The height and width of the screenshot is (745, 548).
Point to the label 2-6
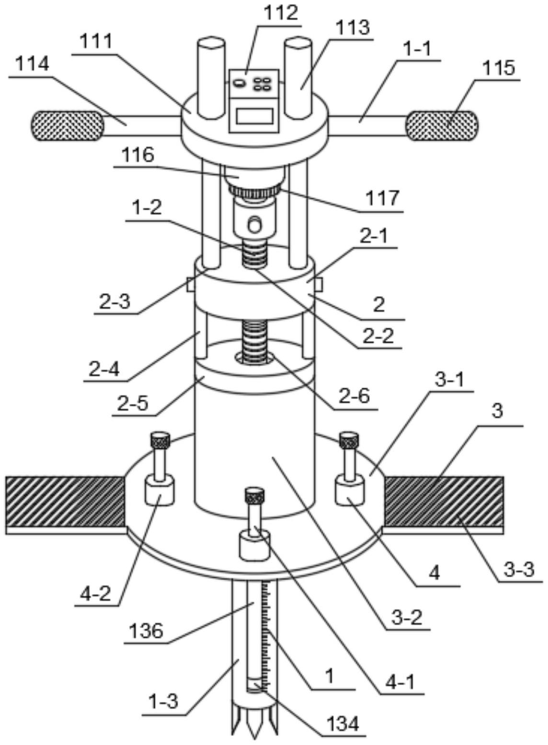click(x=354, y=397)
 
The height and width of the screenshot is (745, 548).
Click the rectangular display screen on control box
click(x=254, y=117)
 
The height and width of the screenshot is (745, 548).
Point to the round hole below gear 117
click(x=255, y=224)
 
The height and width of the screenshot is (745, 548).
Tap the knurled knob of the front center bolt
click(x=254, y=495)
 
